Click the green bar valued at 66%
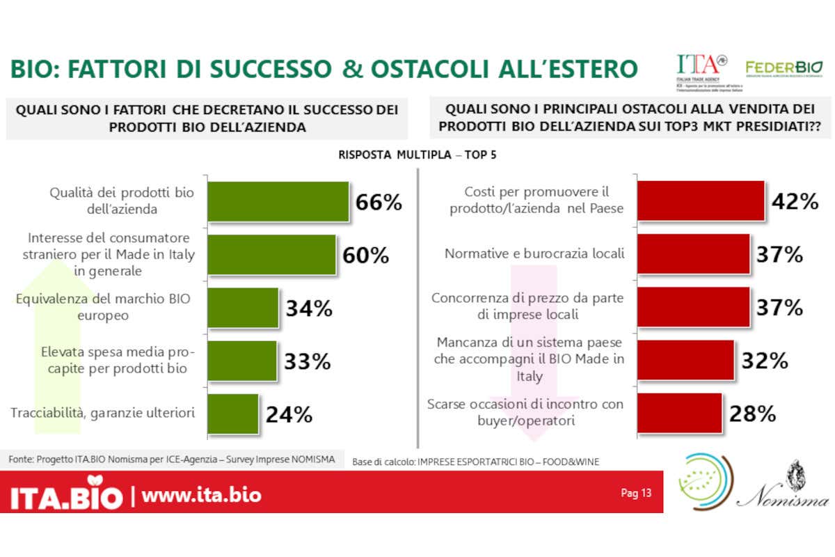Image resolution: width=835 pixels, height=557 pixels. tap(278, 201)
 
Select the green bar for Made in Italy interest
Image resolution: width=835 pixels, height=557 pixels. tap(272, 254)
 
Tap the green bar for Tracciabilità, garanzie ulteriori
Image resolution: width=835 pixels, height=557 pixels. tap(233, 414)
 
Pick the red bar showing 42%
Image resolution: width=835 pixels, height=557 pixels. tap(701, 201)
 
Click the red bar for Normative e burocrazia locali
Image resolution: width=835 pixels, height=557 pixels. tap(693, 254)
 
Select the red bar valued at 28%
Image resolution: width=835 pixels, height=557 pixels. tap(678, 414)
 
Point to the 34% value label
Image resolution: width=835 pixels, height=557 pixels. tap(309, 308)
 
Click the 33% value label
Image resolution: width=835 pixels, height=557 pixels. tap(307, 361)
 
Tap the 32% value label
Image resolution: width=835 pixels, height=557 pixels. tap(764, 361)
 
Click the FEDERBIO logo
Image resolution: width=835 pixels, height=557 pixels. tap(784, 68)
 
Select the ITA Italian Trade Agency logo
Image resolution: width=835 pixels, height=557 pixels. tap(702, 70)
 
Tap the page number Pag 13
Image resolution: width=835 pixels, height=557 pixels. tap(636, 494)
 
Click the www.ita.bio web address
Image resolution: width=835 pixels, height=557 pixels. tap(202, 495)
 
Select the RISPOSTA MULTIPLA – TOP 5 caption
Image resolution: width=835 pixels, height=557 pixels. tap(417, 155)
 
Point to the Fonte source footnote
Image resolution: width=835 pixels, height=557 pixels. tap(172, 460)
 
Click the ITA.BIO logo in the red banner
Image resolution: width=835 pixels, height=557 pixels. tap(66, 495)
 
